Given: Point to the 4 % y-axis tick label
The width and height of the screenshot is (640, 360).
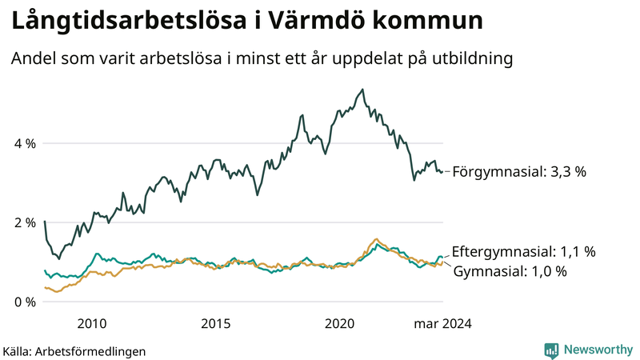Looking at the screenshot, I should click(x=26, y=144).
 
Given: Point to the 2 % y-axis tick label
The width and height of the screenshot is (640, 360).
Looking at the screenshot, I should click(x=26, y=223).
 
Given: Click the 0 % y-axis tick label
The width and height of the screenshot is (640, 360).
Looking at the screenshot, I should click(x=26, y=302).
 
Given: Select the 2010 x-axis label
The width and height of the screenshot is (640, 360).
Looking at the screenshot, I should click(x=92, y=323).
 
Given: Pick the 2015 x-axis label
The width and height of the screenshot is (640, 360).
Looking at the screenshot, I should click(x=216, y=323).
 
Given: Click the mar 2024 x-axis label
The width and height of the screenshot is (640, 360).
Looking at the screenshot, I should click(x=442, y=323).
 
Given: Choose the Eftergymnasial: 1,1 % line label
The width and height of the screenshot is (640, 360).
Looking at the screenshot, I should click(x=524, y=251).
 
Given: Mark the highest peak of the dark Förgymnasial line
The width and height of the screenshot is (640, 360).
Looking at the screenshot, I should click(x=362, y=90).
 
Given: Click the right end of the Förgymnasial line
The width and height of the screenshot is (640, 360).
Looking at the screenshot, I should click(x=442, y=171).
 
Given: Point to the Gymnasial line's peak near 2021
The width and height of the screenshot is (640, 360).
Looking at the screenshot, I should click(x=376, y=239).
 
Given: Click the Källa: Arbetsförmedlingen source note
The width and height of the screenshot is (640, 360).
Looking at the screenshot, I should click(x=74, y=351).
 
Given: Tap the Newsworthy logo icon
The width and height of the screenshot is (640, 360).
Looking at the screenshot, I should click(x=551, y=350).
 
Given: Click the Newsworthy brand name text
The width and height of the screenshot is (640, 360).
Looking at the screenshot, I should click(x=598, y=350).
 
